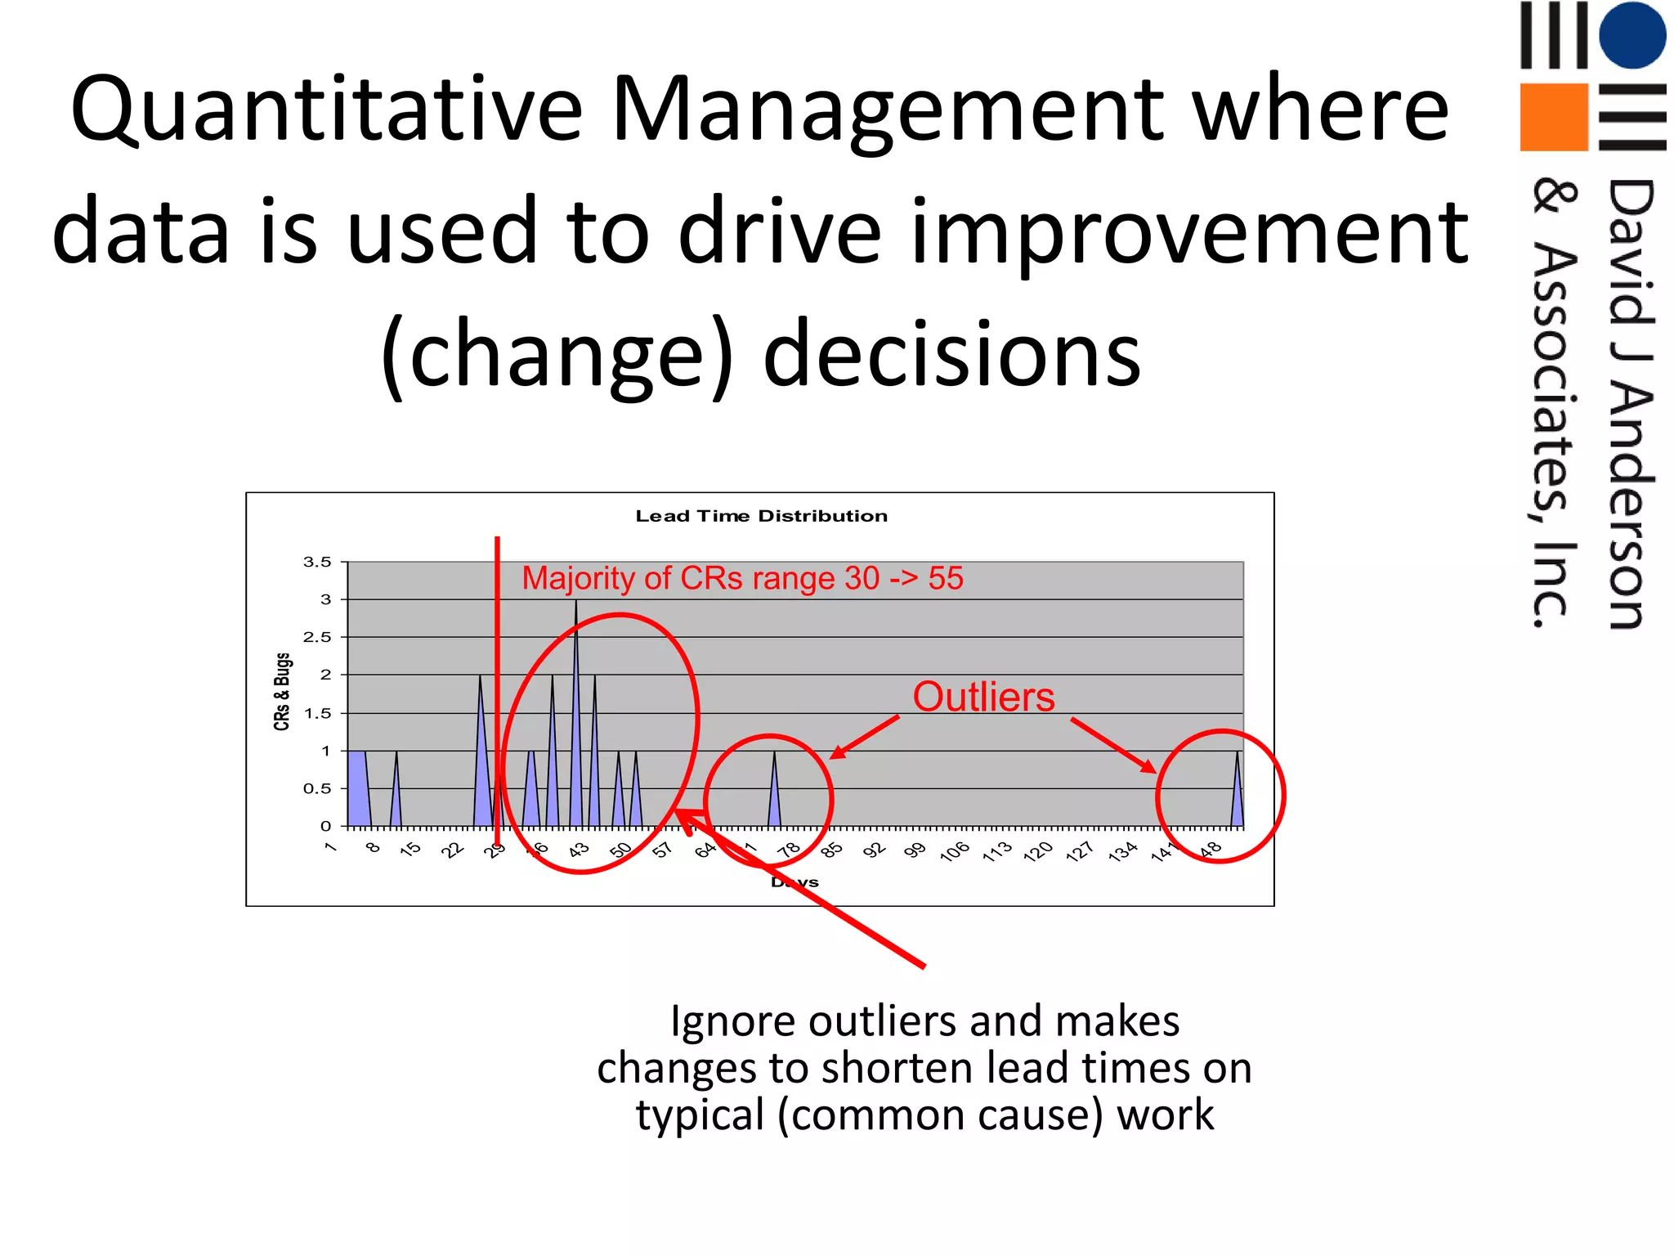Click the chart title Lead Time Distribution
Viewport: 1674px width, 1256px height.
tap(761, 516)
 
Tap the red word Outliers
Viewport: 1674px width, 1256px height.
tap(983, 698)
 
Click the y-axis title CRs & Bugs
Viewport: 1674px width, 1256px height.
tap(282, 692)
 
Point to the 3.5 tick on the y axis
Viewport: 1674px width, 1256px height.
tap(317, 563)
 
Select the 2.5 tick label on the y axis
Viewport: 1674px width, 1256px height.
tap(317, 637)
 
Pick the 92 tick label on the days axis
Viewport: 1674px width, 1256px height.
tap(874, 850)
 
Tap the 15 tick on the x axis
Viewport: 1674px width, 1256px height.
tap(410, 849)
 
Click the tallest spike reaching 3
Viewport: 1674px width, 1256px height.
tap(576, 621)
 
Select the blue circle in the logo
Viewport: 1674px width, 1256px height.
tap(1631, 35)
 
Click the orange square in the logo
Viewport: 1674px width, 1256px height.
tap(1553, 117)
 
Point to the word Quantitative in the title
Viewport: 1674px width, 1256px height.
tap(327, 110)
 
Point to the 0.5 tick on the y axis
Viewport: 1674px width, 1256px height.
tap(317, 789)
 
